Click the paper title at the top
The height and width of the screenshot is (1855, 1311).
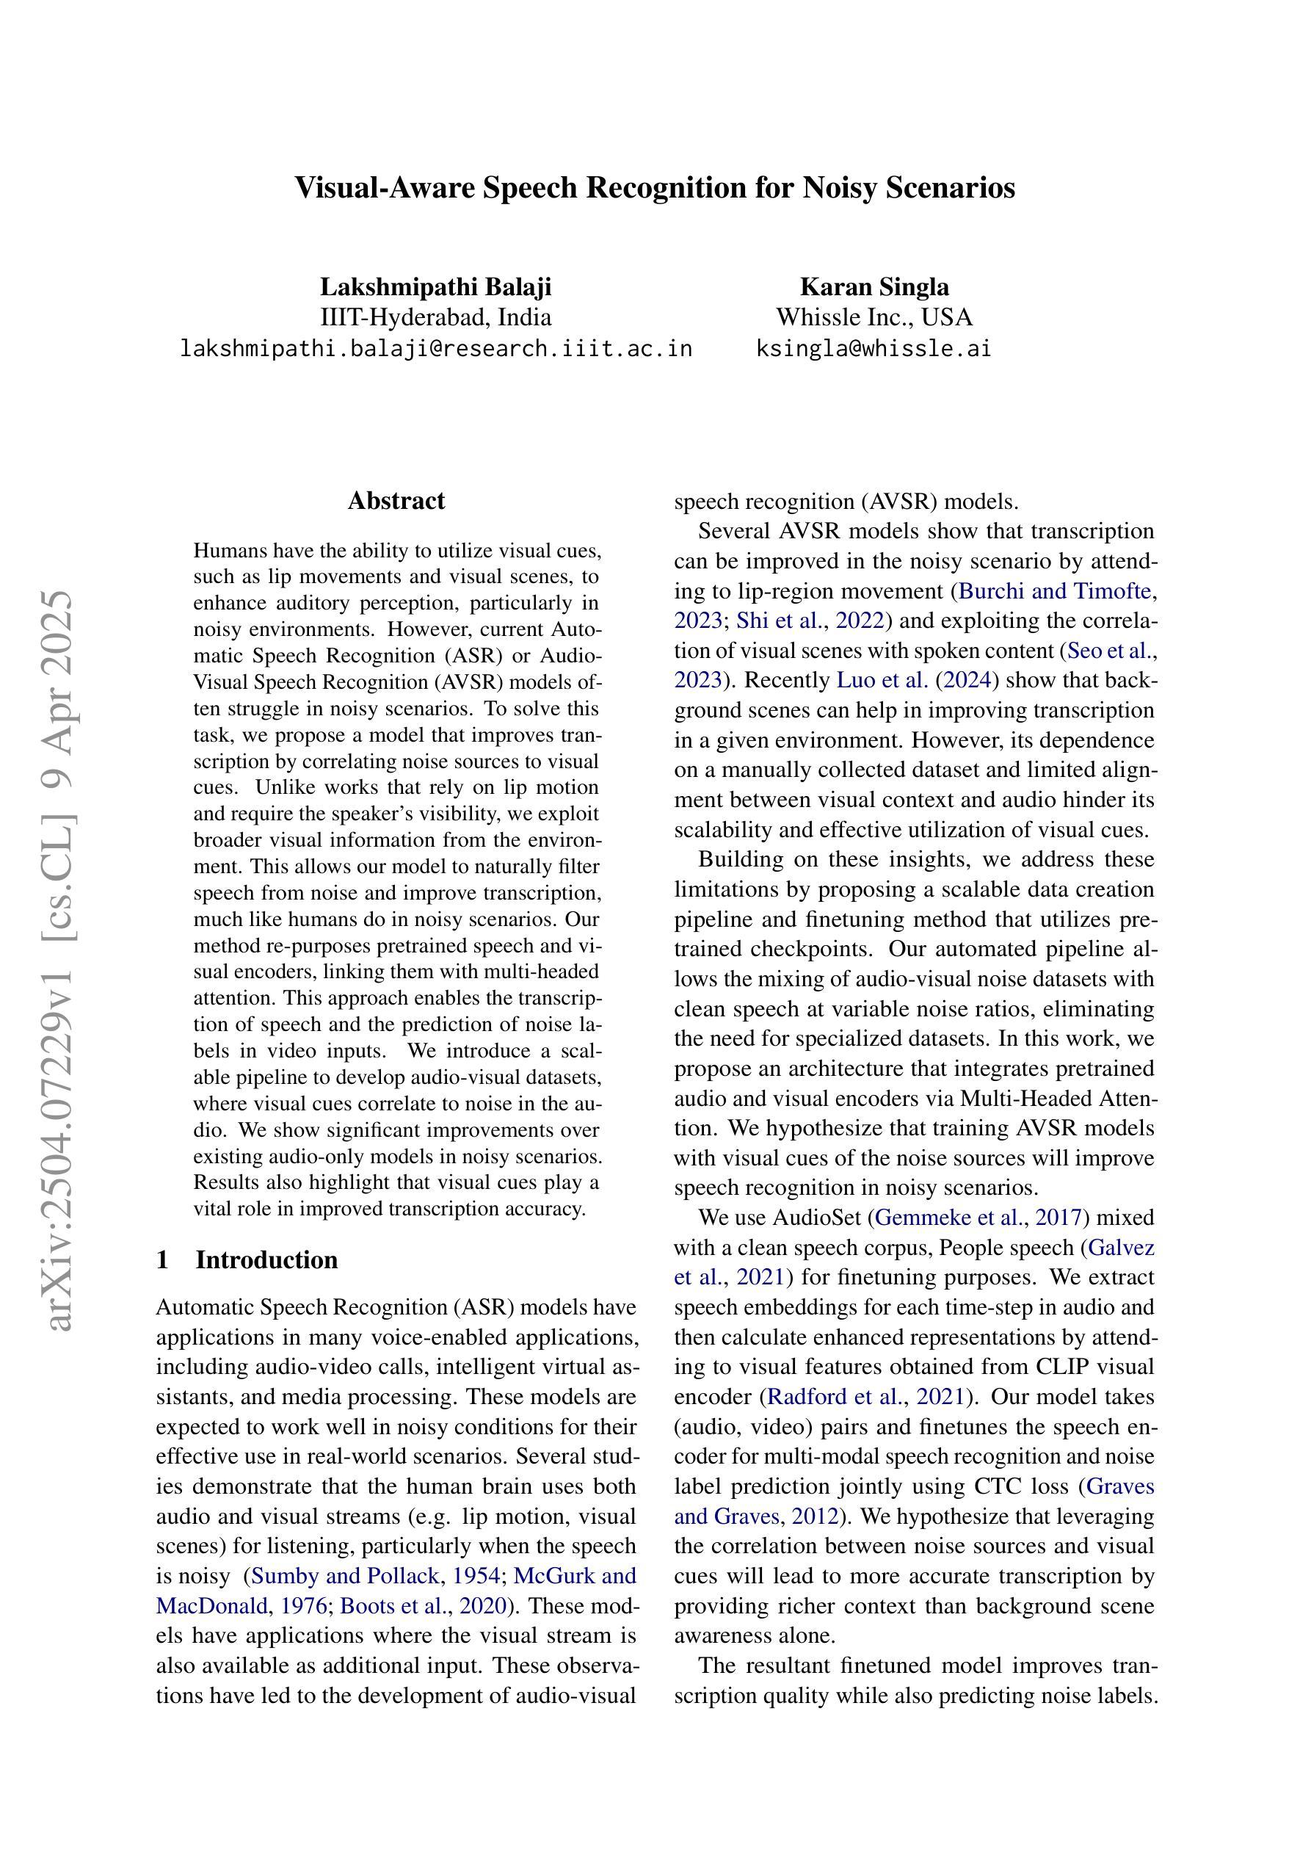pos(654,187)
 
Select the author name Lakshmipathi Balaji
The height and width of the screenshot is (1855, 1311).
pos(435,287)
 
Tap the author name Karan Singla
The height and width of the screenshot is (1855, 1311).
pos(874,287)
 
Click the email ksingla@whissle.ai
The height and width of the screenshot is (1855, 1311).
pos(874,349)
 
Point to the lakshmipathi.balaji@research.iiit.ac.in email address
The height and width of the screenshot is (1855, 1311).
pos(435,349)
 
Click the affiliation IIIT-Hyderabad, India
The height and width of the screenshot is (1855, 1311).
pos(435,317)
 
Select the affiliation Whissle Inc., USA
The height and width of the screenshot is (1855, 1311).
pos(874,317)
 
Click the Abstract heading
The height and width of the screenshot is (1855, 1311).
pos(396,501)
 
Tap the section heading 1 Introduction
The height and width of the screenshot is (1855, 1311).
pos(247,1259)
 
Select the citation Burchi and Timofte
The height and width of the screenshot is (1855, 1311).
pos(1054,591)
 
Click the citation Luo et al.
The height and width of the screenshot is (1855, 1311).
pos(882,680)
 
